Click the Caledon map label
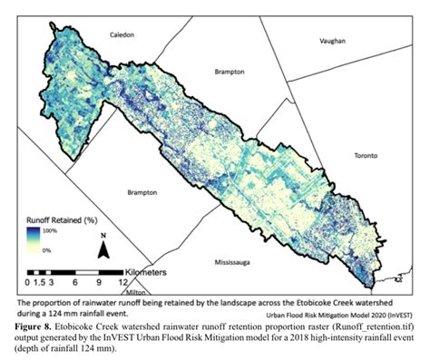122,34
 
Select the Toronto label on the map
367,155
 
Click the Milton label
137,292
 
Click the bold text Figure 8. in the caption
41,323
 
